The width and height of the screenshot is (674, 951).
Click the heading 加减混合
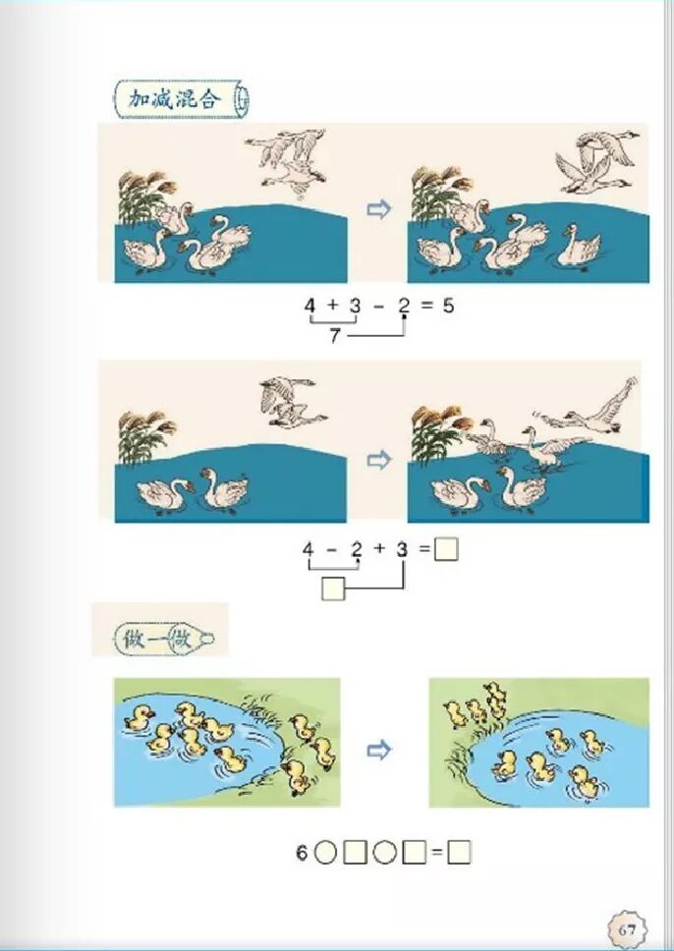click(174, 98)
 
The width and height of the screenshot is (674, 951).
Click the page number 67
click(628, 929)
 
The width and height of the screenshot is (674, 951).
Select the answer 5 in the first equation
click(448, 307)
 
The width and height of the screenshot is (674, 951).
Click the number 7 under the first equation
click(335, 335)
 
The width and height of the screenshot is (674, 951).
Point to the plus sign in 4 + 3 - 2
click(332, 306)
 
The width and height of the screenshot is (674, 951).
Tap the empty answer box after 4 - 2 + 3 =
click(446, 549)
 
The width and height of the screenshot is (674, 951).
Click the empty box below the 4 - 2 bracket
click(333, 588)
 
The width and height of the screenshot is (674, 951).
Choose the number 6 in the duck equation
click(302, 854)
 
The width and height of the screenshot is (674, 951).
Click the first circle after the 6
click(325, 854)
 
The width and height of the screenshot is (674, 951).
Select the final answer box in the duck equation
click(459, 853)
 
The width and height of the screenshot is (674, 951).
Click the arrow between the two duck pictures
click(379, 751)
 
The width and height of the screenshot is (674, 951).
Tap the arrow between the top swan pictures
click(379, 210)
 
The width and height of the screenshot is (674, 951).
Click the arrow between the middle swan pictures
click(379, 461)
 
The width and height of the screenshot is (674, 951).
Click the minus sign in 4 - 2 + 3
click(332, 549)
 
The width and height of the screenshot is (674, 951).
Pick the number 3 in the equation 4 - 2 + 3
click(402, 549)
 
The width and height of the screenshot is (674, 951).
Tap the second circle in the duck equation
click(384, 854)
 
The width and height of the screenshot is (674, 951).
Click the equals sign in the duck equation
click(437, 854)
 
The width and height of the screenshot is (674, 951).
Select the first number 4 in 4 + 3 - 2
click(310, 306)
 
